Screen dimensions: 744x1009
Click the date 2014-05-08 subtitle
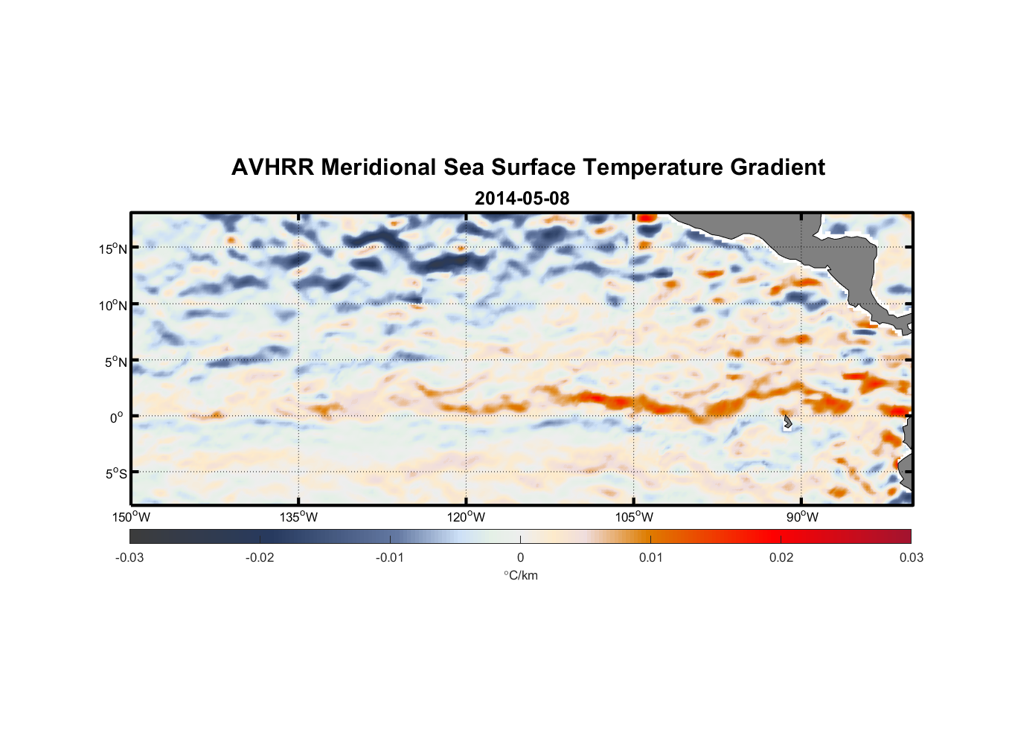(x=522, y=199)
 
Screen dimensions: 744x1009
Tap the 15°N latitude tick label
(x=113, y=248)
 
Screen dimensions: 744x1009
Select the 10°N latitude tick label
(x=113, y=305)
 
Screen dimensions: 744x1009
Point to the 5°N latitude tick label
(x=116, y=362)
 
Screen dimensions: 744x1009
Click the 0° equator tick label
(x=118, y=417)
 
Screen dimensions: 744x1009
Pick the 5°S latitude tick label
(x=116, y=473)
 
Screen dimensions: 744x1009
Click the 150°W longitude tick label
(x=132, y=517)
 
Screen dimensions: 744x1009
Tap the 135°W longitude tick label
(x=299, y=517)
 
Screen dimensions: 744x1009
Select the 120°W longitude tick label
(x=467, y=517)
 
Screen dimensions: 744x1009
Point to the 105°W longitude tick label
(x=634, y=517)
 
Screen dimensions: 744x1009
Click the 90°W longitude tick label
(x=802, y=517)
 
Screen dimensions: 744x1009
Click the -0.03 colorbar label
(x=129, y=557)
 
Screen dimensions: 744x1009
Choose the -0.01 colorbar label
(x=390, y=557)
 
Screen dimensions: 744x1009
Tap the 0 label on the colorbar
(x=520, y=557)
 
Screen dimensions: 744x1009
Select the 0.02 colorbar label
(x=781, y=557)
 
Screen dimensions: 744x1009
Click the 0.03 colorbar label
(x=911, y=557)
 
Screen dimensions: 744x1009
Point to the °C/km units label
(x=520, y=575)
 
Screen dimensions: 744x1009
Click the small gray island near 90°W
(x=787, y=423)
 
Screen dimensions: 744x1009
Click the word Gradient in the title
(x=778, y=167)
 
